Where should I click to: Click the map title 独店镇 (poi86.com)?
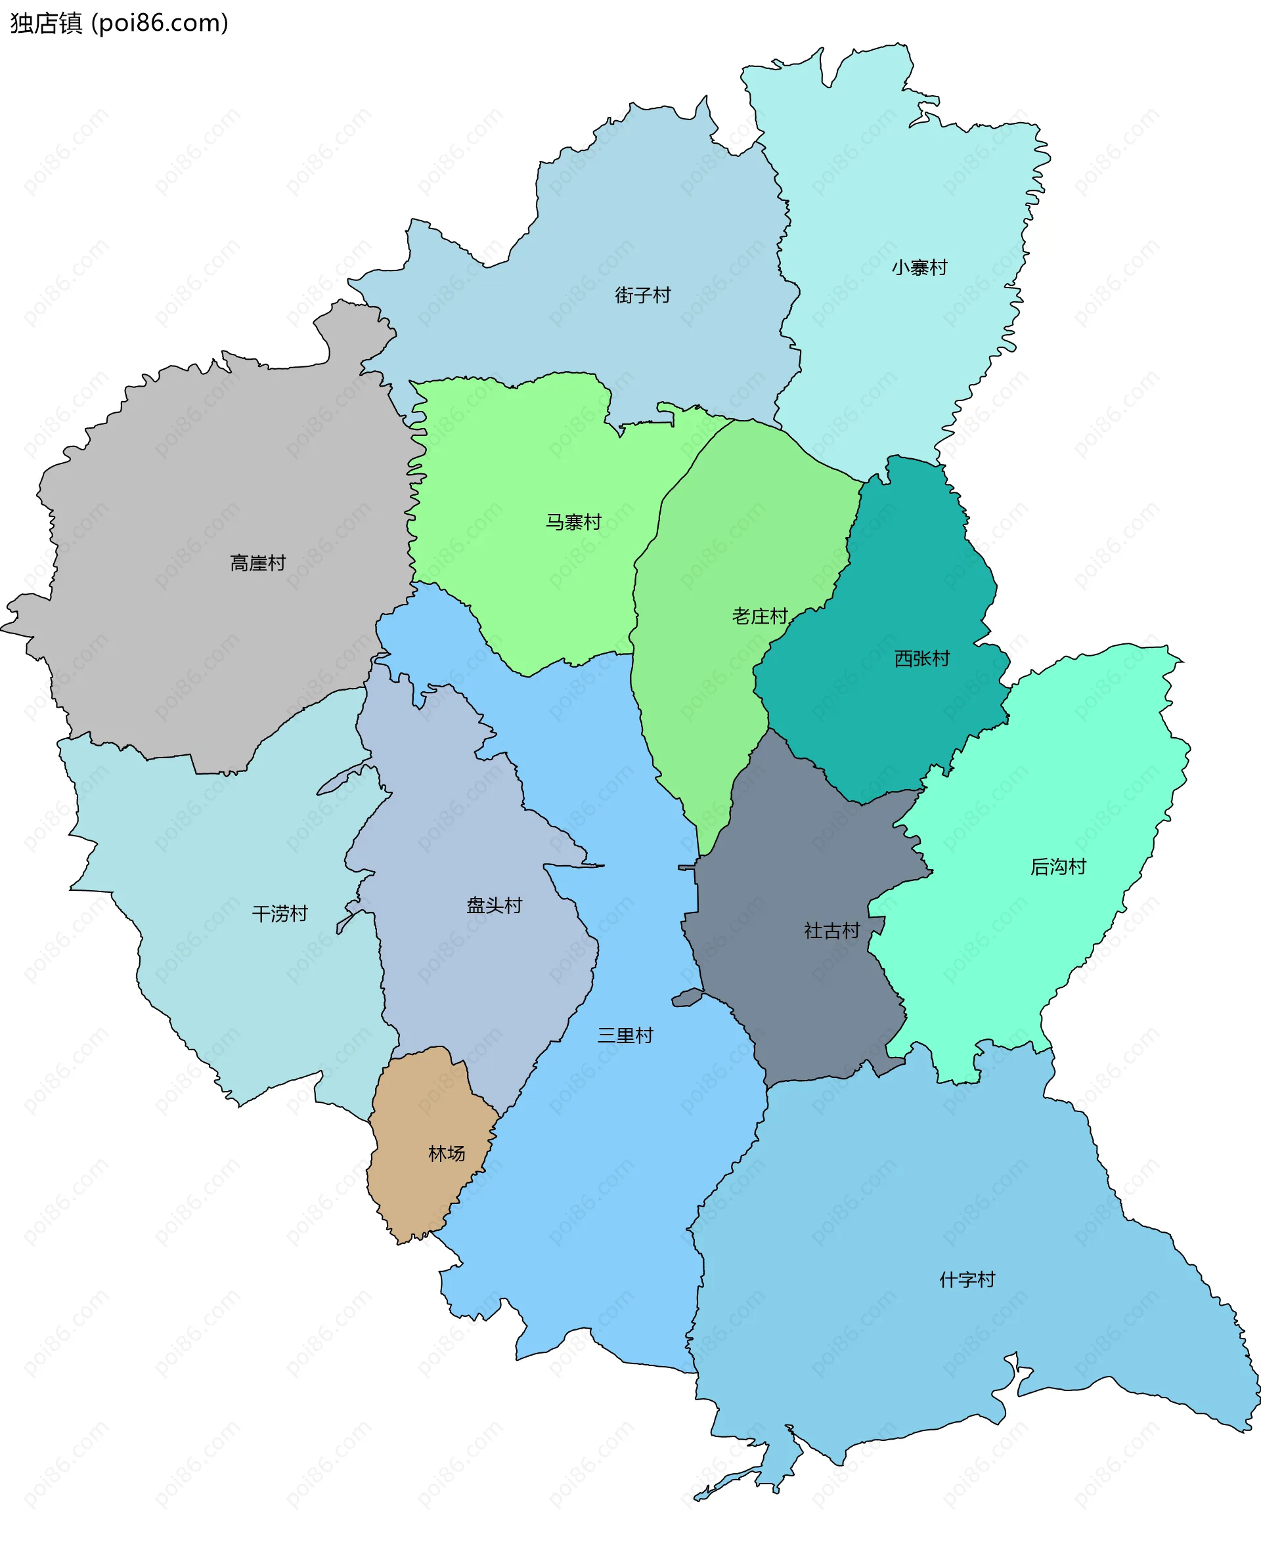click(119, 23)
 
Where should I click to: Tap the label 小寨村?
click(919, 268)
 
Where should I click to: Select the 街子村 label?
click(642, 295)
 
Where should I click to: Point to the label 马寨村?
click(573, 522)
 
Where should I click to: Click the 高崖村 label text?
click(257, 563)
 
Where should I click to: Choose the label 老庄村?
click(759, 616)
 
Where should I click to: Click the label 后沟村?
click(1057, 867)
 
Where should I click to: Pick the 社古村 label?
click(831, 931)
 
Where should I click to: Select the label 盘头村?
click(494, 905)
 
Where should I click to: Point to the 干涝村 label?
click(280, 913)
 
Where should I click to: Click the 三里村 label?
click(625, 1035)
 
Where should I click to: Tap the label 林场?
click(446, 1153)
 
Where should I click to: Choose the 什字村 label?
click(967, 1279)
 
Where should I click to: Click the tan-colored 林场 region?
click(421, 1190)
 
